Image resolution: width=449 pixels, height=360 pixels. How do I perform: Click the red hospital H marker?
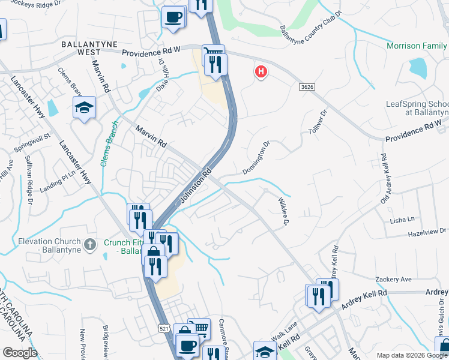click(x=261, y=72)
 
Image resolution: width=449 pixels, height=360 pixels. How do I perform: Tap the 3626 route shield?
click(x=307, y=88)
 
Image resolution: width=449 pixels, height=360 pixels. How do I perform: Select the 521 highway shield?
click(x=164, y=328)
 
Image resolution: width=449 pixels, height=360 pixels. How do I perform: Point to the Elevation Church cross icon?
click(x=89, y=244)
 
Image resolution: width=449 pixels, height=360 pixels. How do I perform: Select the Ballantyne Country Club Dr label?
click(x=312, y=22)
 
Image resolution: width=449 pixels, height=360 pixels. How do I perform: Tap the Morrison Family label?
click(x=417, y=46)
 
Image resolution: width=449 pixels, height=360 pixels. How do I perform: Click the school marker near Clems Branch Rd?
click(x=84, y=108)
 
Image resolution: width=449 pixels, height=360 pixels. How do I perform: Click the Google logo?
click(x=20, y=353)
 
